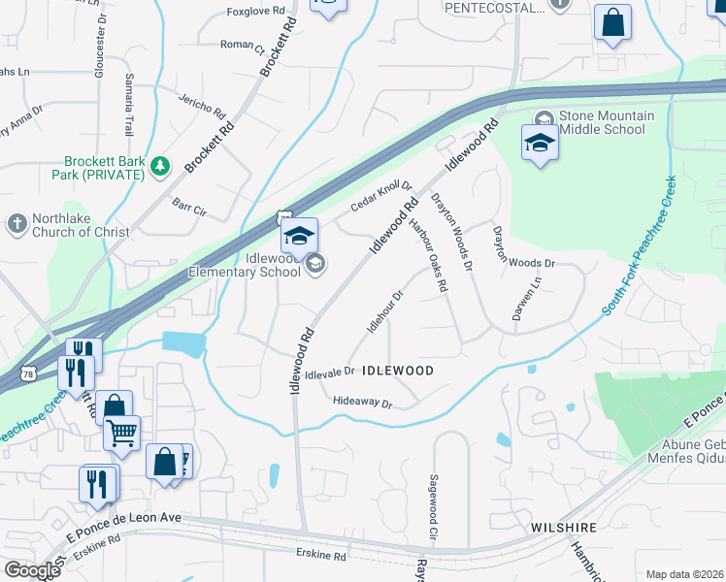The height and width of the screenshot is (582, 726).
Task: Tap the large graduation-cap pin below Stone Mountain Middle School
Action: [x=541, y=145]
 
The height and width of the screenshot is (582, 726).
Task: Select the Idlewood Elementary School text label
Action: [x=259, y=264]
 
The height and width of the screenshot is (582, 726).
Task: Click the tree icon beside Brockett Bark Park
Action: [x=160, y=169]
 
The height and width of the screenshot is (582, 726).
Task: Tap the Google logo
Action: [x=32, y=570]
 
